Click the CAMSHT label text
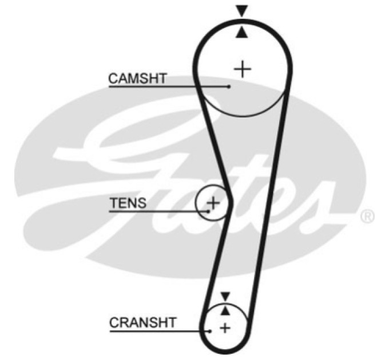pyautogui.click(x=137, y=78)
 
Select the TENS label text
pyautogui.click(x=128, y=203)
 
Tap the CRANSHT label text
pyautogui.click(x=142, y=323)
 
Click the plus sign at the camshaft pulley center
pyautogui.click(x=243, y=69)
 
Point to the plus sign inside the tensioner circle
pyautogui.click(x=213, y=203)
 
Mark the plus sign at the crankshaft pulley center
pyautogui.click(x=225, y=329)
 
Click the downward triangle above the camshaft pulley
pyautogui.click(x=242, y=11)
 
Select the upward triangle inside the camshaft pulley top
pyautogui.click(x=241, y=33)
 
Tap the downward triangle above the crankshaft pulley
pyautogui.click(x=225, y=297)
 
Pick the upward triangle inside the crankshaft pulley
pyautogui.click(x=225, y=310)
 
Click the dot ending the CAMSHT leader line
pyautogui.click(x=228, y=87)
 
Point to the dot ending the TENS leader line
pyautogui.click(x=208, y=211)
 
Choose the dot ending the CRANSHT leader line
pyautogui.click(x=210, y=331)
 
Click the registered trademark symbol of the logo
pyautogui.click(x=367, y=217)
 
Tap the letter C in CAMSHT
pyautogui.click(x=113, y=78)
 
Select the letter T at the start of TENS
pyautogui.click(x=114, y=203)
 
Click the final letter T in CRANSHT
pyautogui.click(x=171, y=323)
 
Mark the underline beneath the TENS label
pyautogui.click(x=159, y=211)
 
